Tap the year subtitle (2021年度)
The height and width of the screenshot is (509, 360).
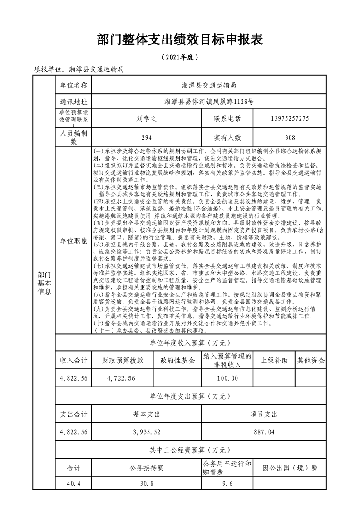[x=180, y=58]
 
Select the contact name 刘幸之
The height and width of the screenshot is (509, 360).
[x=146, y=119]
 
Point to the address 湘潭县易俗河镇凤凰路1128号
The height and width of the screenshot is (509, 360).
[x=209, y=102]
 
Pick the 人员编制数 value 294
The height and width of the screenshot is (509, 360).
[x=146, y=137]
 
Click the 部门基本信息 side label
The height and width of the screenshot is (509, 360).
[x=44, y=284]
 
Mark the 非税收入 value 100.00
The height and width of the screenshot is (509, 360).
[x=227, y=378]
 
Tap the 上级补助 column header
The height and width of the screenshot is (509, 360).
[x=274, y=361]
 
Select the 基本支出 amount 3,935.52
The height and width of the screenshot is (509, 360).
[x=146, y=432]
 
